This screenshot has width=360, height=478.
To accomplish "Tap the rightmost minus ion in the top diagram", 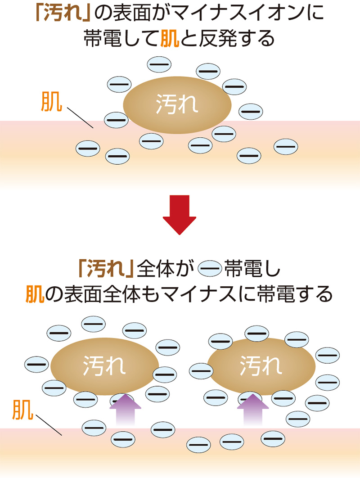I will click(286, 146).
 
